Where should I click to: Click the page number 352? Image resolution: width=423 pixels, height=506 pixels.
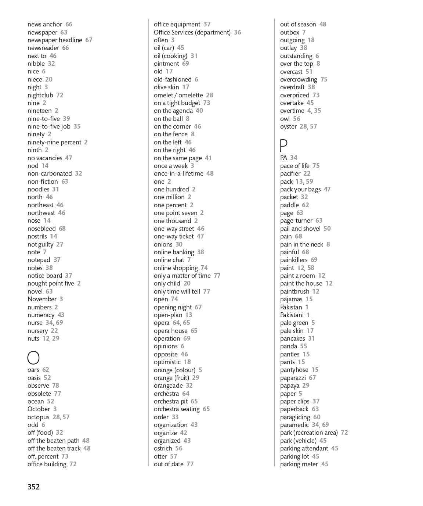point(33,487)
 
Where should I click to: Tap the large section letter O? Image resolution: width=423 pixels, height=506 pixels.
point(33,358)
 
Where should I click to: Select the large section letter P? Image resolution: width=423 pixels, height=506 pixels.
point(283,146)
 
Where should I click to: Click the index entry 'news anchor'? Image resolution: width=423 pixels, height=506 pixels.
point(45,24)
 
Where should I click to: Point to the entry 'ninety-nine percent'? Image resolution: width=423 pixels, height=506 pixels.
point(54,142)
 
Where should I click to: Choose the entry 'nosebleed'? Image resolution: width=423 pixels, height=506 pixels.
point(41,229)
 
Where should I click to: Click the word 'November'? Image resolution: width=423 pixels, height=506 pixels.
point(42,299)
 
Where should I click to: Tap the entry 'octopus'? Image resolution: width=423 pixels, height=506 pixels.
point(39,417)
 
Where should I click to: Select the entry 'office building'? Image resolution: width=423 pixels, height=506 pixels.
point(47,464)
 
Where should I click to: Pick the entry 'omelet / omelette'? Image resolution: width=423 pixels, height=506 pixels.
point(178,95)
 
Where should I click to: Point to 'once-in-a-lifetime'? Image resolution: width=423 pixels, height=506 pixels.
point(178,173)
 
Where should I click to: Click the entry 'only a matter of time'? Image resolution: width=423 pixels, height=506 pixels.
point(182,276)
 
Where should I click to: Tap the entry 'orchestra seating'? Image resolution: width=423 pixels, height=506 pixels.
point(177,409)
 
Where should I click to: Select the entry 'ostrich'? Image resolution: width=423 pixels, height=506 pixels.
point(163,448)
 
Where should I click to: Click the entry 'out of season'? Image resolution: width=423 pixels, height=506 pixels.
point(298,24)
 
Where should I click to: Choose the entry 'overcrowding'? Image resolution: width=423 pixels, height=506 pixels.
point(299,79)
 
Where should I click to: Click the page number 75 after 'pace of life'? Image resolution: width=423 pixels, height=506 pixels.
point(316,166)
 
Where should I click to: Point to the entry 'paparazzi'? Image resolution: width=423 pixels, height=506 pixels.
point(293,378)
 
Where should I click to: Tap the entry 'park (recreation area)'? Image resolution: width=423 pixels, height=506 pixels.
point(309,433)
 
